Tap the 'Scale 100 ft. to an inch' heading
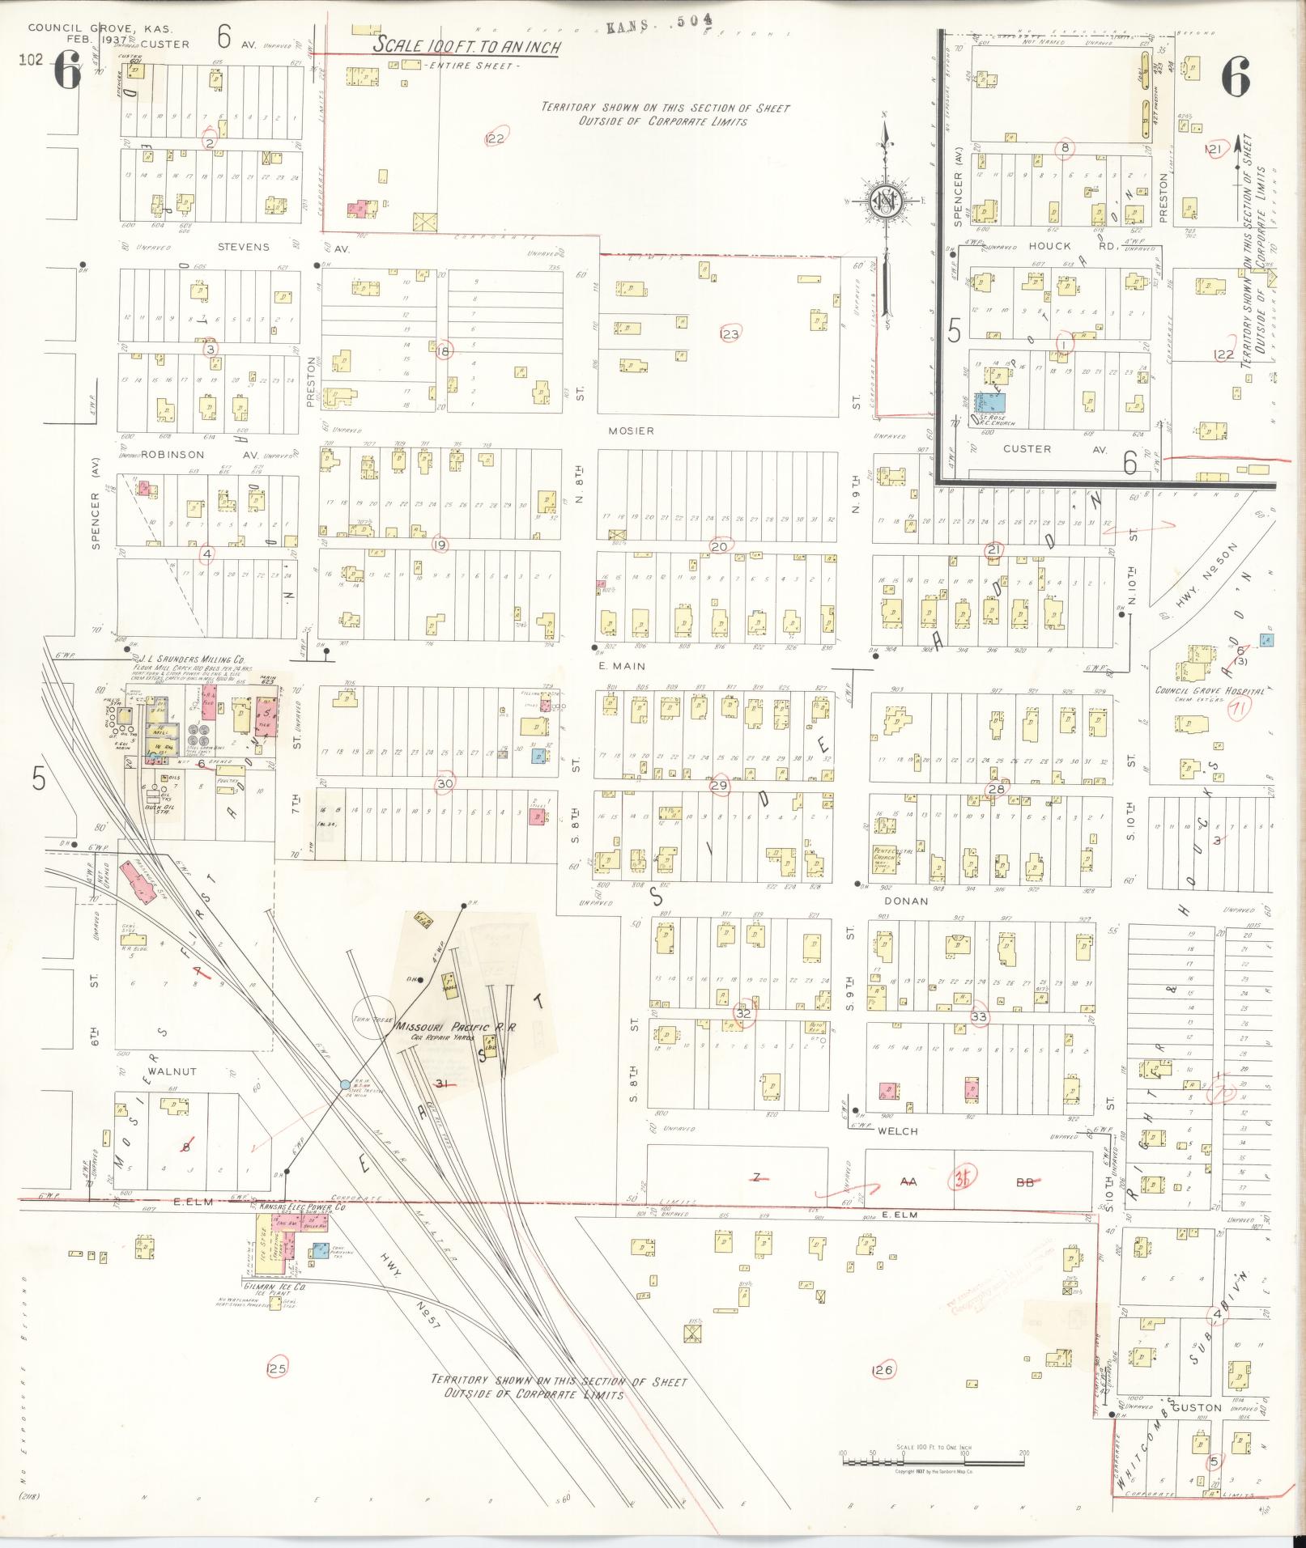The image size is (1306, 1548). [466, 46]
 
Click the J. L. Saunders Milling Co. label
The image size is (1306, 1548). [193, 659]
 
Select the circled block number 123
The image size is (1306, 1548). [730, 333]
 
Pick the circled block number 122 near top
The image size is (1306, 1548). [495, 138]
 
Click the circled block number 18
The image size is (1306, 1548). [442, 350]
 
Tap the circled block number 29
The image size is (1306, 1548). [719, 785]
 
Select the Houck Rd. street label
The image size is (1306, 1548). [1049, 246]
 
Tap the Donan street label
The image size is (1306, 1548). [904, 900]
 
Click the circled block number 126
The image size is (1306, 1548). [883, 1369]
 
